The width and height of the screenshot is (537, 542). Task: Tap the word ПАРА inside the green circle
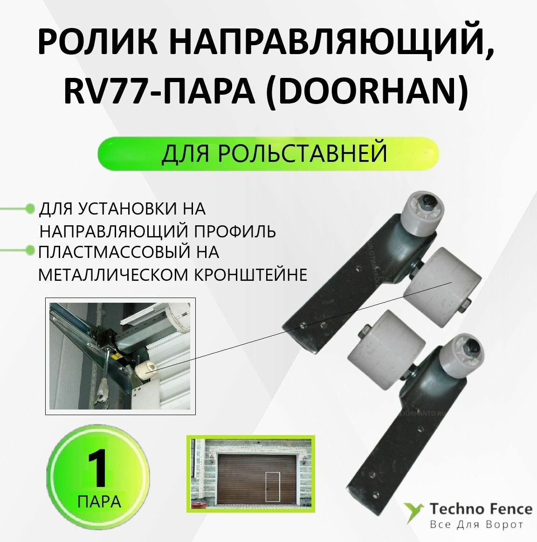coord(99,502)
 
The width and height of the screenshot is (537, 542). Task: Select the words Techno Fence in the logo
coord(481,508)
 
